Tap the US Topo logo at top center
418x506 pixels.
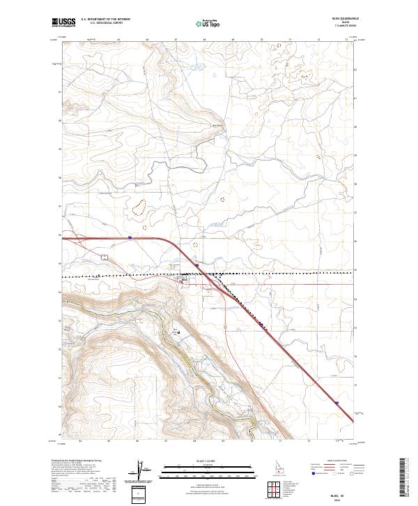pos(208,23)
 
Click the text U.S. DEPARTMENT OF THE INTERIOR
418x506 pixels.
pos(105,19)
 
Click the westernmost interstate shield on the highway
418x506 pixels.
pos(130,237)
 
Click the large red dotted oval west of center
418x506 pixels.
pos(141,207)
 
